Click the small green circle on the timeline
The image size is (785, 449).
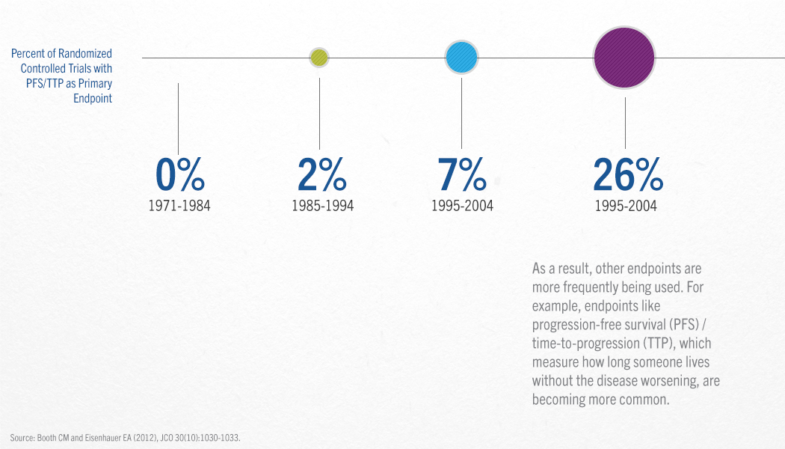[319, 58]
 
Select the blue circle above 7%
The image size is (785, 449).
[461, 58]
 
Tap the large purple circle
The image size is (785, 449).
[624, 58]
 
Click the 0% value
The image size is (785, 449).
[179, 174]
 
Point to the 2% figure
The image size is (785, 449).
[322, 174]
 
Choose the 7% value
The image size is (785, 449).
[461, 174]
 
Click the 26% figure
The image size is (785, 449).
[628, 174]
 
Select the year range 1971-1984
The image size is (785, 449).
[179, 206]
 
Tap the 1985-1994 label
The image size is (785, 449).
[322, 206]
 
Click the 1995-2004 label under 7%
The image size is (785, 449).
[462, 206]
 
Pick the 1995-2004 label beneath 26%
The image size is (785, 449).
[625, 206]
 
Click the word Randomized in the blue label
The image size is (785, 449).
[85, 54]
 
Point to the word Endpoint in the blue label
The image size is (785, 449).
[93, 98]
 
